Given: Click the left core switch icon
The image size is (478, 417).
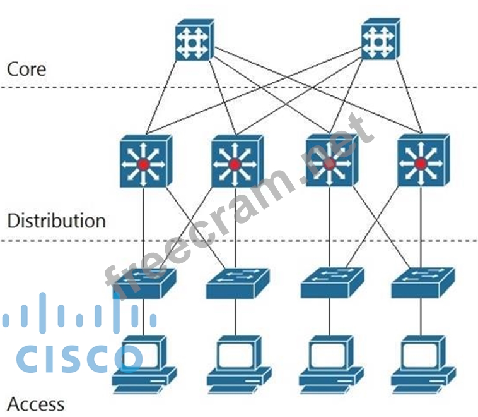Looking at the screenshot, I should (x=194, y=42).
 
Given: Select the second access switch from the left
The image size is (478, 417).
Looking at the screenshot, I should (x=237, y=283).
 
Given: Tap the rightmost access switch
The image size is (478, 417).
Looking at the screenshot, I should (x=421, y=283).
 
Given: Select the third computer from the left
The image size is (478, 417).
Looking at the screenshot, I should (x=330, y=364).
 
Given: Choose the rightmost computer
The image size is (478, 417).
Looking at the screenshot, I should (x=422, y=364).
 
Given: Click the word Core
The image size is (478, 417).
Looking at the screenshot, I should (x=26, y=69).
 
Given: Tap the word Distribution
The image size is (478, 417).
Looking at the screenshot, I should (x=56, y=221).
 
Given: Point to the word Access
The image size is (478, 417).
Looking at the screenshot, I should (x=36, y=403).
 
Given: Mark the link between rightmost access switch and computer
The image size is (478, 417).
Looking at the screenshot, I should (x=421, y=317).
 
